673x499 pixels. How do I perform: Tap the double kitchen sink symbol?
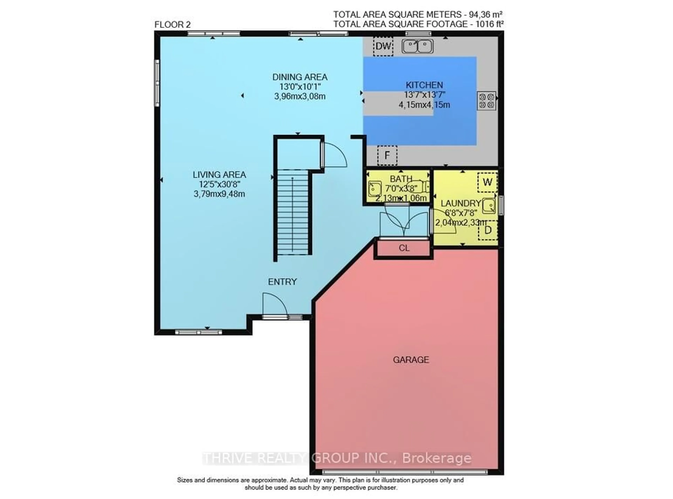coord(417,46)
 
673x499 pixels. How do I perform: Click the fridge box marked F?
coord(387,155)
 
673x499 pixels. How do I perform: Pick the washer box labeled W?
coord(487,182)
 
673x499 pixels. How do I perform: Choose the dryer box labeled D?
coord(487,230)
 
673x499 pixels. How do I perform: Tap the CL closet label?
coord(404,248)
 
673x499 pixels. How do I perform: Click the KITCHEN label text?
coord(424,85)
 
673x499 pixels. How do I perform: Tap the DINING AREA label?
coord(300,77)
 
